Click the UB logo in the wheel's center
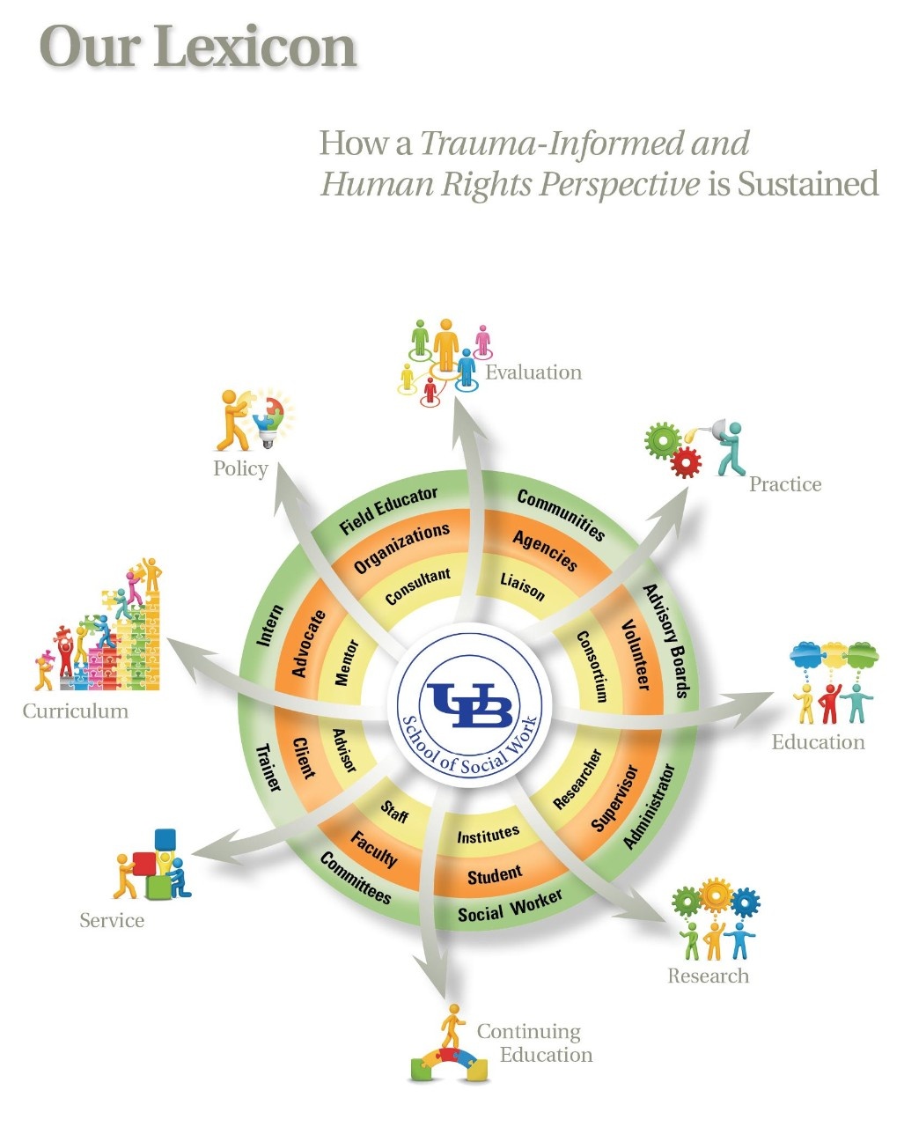click(x=466, y=704)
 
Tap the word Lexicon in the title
click(x=255, y=48)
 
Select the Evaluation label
click(x=533, y=372)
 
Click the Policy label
click(x=240, y=468)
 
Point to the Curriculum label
click(x=75, y=711)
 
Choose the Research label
click(x=708, y=976)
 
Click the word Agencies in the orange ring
click(x=546, y=551)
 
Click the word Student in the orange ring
click(x=495, y=876)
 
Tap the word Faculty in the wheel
click(x=374, y=849)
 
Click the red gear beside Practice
click(x=686, y=460)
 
